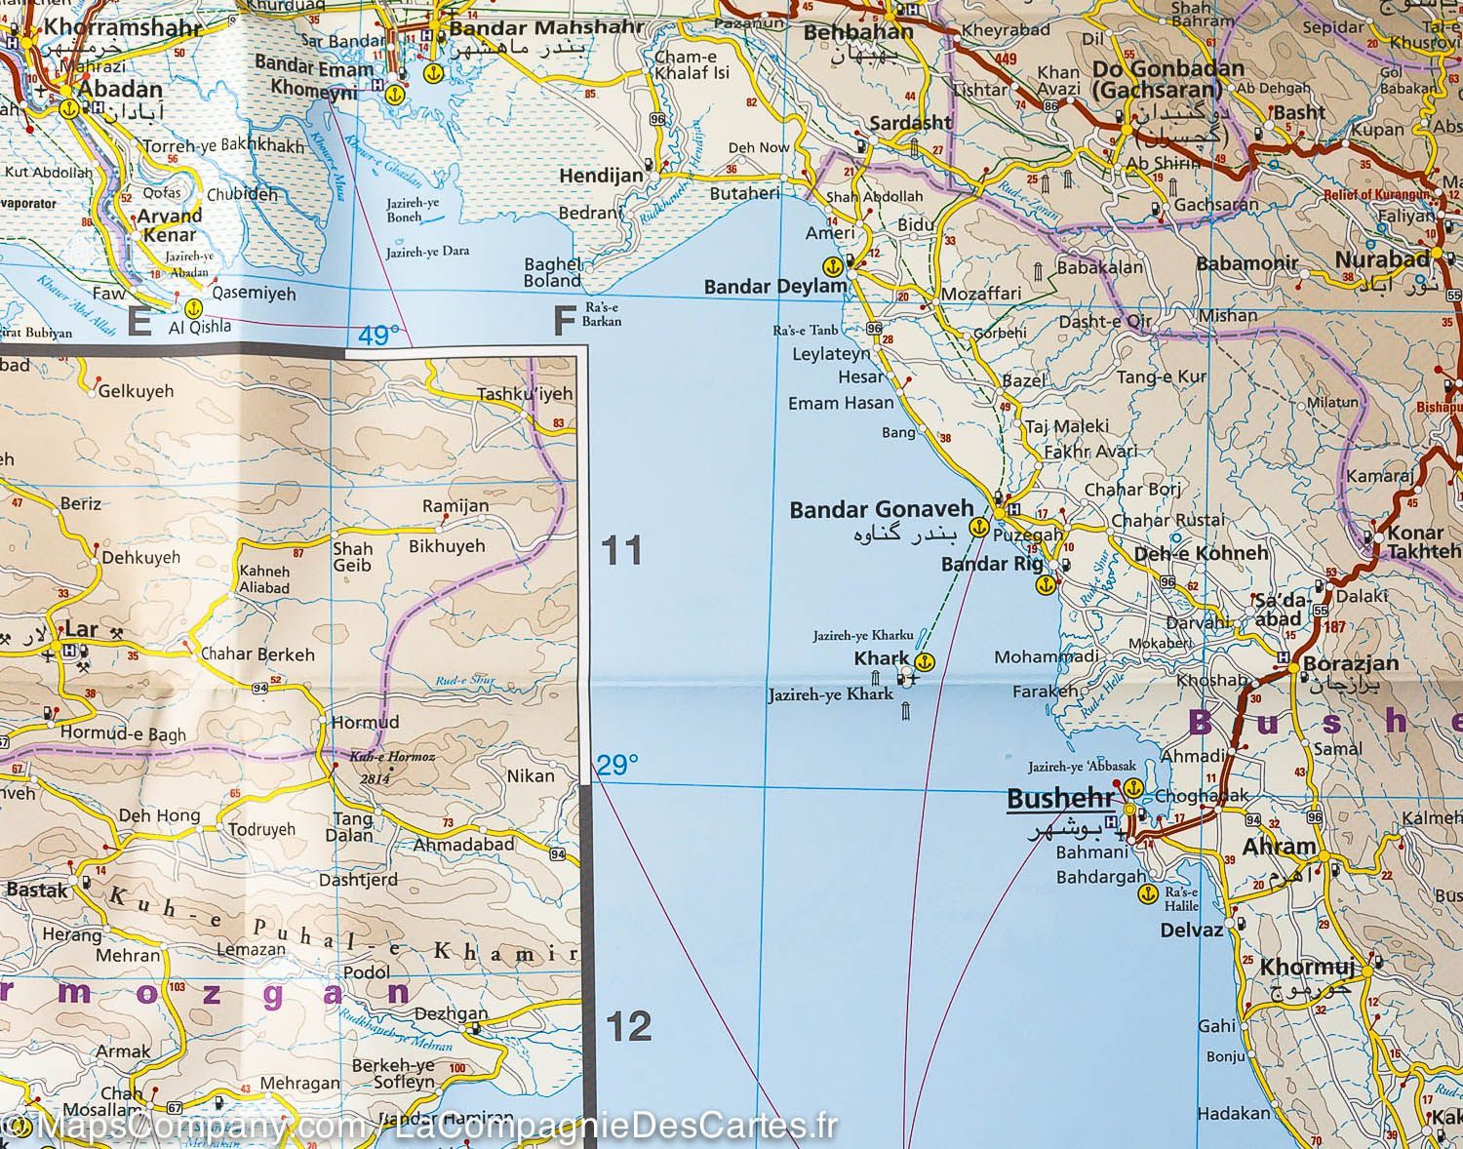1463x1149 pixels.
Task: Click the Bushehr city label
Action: (x=1059, y=800)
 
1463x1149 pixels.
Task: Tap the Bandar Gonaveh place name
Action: (x=881, y=508)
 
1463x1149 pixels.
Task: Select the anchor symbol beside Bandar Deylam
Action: (x=832, y=264)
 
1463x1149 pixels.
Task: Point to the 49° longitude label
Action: (x=378, y=336)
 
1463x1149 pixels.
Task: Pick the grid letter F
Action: (x=563, y=321)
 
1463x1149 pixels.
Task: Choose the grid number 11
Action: (x=621, y=552)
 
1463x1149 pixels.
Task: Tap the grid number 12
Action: (x=627, y=1027)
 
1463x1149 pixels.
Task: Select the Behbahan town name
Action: (x=858, y=31)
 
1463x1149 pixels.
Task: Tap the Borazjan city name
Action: (x=1350, y=664)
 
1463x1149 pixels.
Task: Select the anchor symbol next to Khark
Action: (x=922, y=660)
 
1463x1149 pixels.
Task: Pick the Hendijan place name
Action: (x=601, y=177)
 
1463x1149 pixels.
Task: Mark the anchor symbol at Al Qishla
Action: (x=193, y=308)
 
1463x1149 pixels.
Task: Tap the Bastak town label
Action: (x=37, y=890)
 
